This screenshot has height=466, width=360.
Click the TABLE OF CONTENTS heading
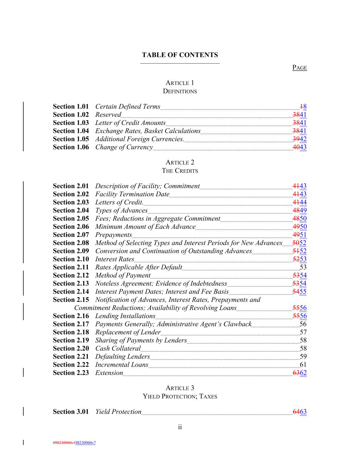click(x=180, y=55)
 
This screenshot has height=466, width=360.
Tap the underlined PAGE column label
click(x=300, y=68)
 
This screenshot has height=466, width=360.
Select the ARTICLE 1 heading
click(x=180, y=83)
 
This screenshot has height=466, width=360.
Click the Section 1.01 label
click(x=71, y=107)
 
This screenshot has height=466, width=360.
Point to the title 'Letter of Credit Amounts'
click(x=130, y=123)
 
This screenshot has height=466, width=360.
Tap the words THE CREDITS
click(x=180, y=171)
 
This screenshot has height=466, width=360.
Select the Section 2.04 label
click(x=71, y=210)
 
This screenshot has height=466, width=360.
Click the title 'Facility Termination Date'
click(x=132, y=194)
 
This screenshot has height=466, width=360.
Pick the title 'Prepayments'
click(x=113, y=235)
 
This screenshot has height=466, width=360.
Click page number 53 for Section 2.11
click(x=303, y=267)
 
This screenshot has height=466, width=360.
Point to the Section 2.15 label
click(x=71, y=300)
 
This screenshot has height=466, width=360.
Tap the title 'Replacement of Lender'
click(x=128, y=332)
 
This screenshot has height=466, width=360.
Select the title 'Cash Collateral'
click(x=118, y=349)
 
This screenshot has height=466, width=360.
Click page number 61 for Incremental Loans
click(x=303, y=365)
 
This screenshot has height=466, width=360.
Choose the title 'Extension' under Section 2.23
click(x=109, y=373)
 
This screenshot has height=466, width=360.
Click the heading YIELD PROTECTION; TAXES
click(x=180, y=396)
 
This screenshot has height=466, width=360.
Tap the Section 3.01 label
click(x=71, y=412)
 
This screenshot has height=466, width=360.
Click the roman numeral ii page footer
click(x=180, y=427)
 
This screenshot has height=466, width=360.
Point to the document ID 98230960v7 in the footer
click(x=85, y=443)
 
